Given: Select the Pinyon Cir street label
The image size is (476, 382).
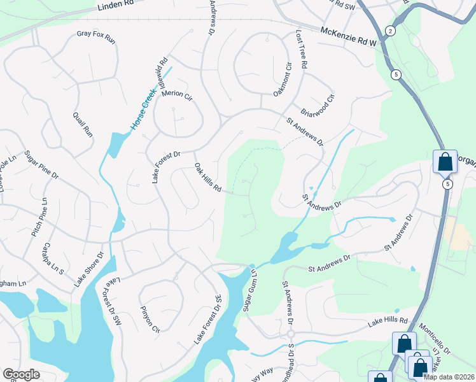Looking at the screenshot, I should click(x=150, y=322).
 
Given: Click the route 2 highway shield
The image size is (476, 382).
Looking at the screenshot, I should click(x=390, y=31).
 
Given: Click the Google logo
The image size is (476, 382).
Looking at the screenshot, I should click(x=21, y=374).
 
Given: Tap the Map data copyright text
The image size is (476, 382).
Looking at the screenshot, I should click(x=449, y=377).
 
